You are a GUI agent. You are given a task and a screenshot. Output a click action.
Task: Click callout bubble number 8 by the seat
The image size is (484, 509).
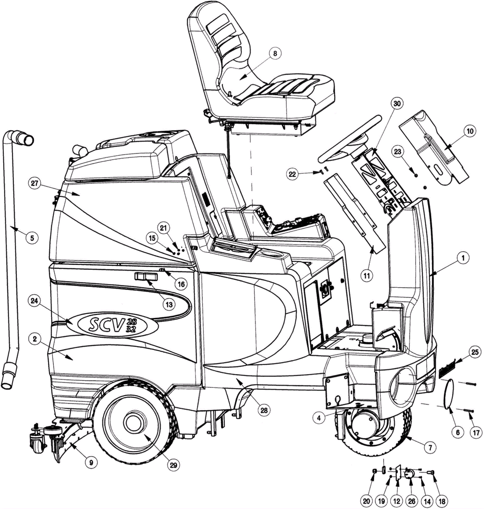(275, 54)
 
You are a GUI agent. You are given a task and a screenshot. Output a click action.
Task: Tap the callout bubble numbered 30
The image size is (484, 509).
(397, 104)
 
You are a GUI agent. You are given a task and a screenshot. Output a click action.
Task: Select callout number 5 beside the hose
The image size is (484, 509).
(32, 238)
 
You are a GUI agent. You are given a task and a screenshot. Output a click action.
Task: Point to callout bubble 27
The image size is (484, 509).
(35, 183)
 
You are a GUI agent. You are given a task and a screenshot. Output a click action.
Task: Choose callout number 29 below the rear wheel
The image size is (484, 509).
(173, 465)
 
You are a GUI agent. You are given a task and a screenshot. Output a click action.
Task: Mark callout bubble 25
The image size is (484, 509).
(475, 352)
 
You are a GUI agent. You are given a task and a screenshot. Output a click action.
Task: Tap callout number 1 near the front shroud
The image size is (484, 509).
(463, 258)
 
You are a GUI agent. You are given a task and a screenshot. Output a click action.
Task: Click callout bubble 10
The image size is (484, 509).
(470, 131)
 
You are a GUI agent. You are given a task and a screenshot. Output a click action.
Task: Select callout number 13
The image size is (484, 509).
(169, 304)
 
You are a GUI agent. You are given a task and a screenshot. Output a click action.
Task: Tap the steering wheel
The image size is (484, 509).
(348, 139)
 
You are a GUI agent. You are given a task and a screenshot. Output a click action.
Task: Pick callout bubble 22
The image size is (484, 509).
(292, 174)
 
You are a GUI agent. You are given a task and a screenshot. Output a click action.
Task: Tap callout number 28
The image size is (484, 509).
(264, 410)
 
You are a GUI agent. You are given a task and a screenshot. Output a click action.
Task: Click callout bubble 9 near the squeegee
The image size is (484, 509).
(91, 462)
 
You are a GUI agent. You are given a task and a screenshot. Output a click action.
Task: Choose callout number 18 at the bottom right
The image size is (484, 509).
(442, 501)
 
